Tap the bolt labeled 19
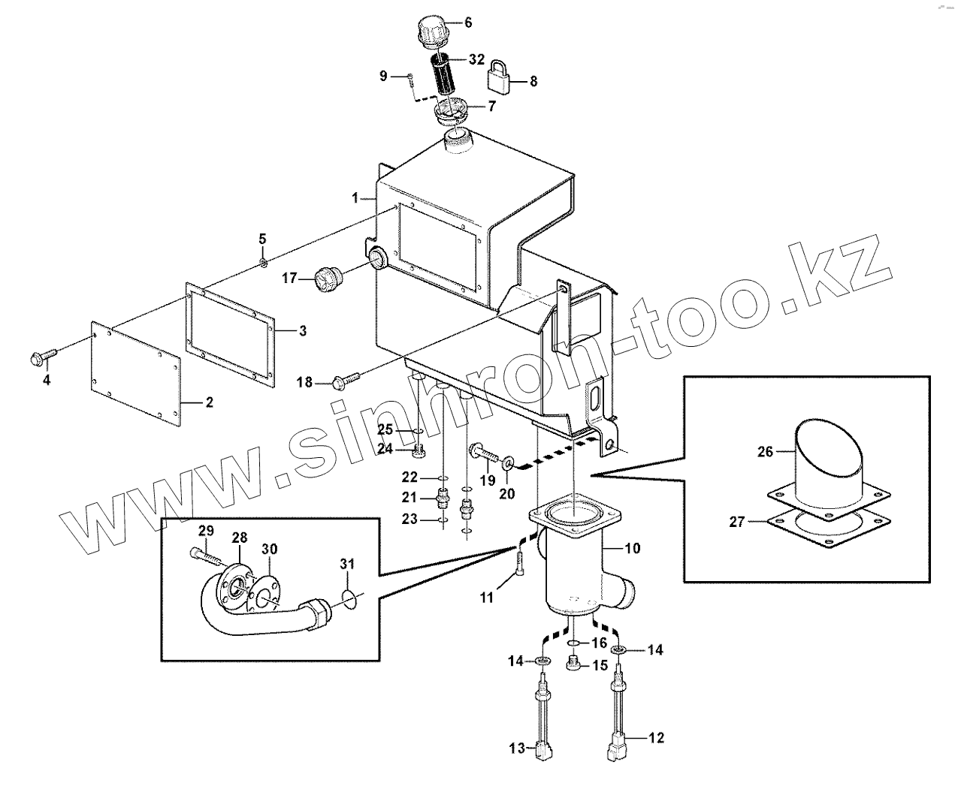coord(484,453)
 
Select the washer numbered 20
coord(509,460)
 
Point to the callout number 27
coord(736,521)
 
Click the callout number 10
coord(633,548)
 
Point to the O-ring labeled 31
coord(347,598)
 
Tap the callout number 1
coord(356,197)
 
